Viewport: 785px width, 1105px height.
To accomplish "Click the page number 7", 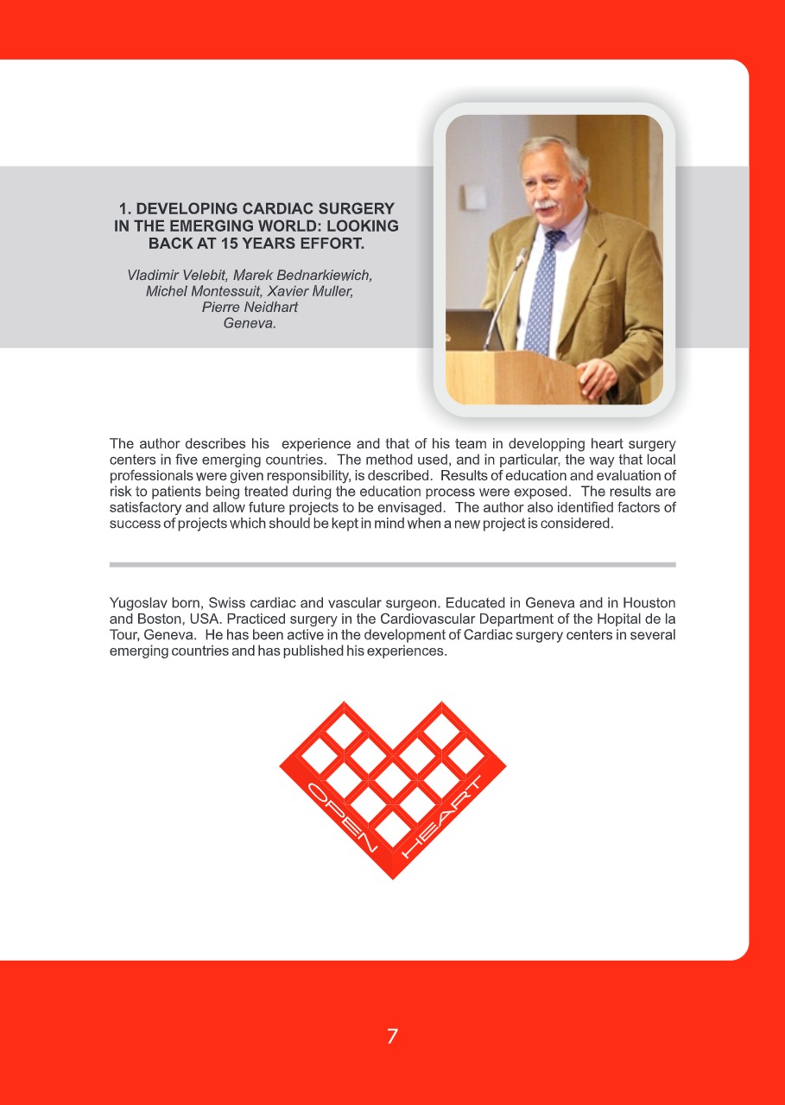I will coord(392,1036).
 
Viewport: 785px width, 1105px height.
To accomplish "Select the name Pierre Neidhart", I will coord(250,308).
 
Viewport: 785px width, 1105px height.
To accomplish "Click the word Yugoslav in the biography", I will coord(137,601).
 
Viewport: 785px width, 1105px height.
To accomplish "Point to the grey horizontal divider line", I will coord(392,564).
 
